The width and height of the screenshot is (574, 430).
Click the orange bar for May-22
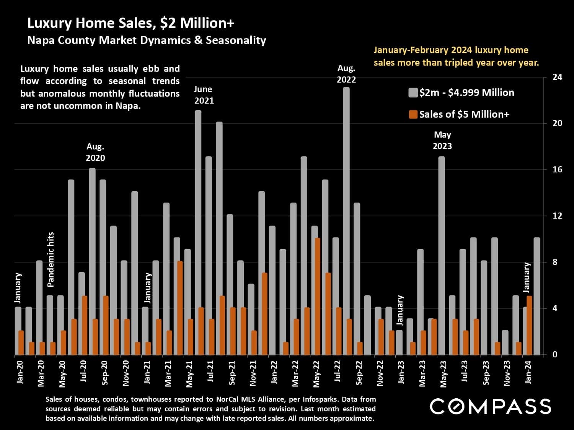pos(318,296)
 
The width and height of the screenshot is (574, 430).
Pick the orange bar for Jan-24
pos(530,325)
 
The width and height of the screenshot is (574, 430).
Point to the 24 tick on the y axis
pos(557,77)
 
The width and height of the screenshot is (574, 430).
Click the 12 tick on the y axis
pos(557,216)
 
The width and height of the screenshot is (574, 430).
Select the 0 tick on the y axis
pos(554,355)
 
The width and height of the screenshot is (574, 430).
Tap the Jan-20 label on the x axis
pos(20,372)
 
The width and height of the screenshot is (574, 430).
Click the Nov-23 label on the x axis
pos(507,373)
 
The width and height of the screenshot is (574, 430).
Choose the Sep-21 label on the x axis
pos(232,373)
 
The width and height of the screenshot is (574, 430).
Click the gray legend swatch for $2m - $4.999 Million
pos(413,93)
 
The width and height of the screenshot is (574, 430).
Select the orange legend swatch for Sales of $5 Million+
pos(413,114)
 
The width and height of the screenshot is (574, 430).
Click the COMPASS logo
pos(490,406)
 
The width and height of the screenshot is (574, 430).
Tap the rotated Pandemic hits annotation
pos(51,260)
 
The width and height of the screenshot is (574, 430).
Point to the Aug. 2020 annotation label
pos(95,152)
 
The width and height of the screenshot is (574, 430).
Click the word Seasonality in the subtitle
pos(236,41)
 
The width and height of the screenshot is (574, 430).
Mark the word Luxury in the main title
pos(50,23)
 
